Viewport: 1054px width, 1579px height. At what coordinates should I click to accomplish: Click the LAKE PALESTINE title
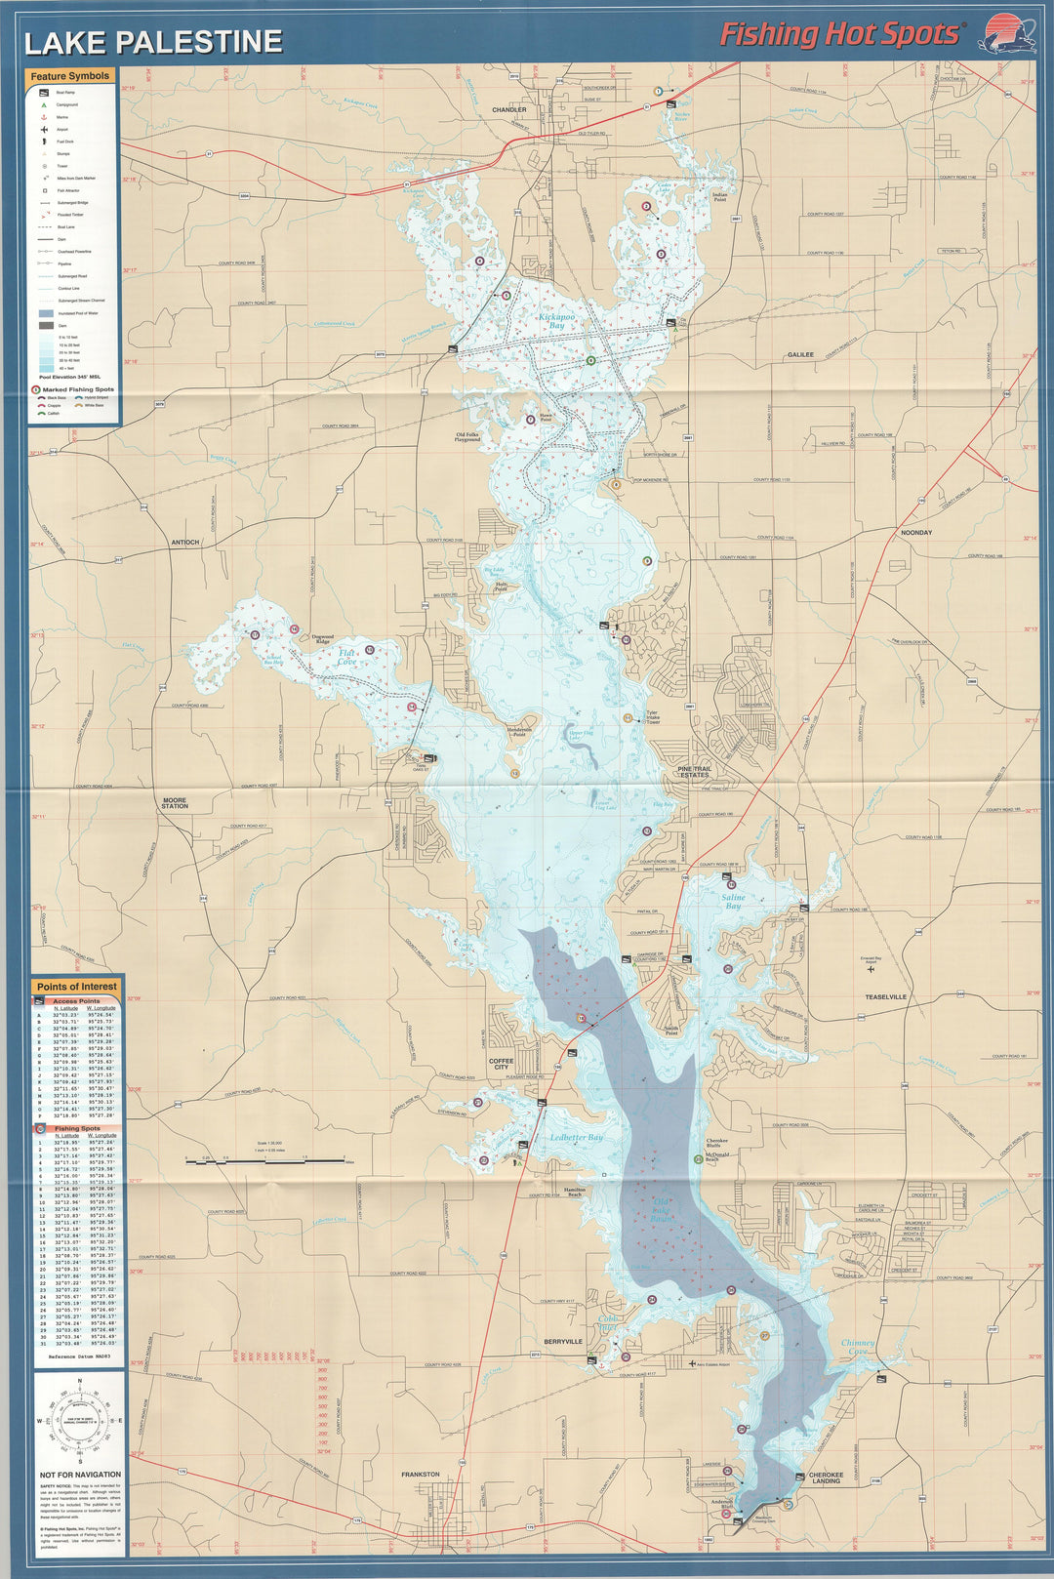click(x=152, y=42)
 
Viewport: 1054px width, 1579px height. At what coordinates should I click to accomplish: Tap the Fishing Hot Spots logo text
click(x=839, y=35)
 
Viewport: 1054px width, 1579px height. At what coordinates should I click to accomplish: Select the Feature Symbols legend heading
click(x=69, y=76)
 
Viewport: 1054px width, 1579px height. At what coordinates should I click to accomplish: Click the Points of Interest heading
click(x=77, y=987)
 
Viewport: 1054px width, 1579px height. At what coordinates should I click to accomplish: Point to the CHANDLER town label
click(x=508, y=110)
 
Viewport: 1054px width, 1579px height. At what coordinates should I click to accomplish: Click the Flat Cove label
click(x=346, y=657)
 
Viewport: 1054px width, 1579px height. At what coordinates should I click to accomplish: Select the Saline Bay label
click(x=733, y=901)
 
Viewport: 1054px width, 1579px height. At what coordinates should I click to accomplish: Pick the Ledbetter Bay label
click(x=576, y=1138)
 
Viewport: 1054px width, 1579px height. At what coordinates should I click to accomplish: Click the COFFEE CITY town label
click(x=501, y=1063)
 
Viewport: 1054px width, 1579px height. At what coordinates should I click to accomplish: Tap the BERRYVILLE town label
click(x=563, y=1342)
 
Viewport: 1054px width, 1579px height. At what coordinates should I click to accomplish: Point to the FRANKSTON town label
click(x=421, y=1475)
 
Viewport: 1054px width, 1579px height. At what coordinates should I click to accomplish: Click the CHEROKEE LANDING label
click(x=826, y=1478)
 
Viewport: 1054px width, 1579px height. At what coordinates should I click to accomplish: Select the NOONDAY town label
click(x=916, y=533)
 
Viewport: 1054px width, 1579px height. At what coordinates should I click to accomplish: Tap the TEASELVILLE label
click(x=885, y=997)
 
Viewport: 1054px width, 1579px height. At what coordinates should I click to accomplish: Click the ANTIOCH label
click(x=184, y=542)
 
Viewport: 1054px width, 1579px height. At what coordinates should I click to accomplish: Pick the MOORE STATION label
click(x=175, y=802)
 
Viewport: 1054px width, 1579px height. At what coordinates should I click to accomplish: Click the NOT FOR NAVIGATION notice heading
click(x=81, y=1475)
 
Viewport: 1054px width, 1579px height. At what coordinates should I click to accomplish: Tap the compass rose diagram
click(x=80, y=1420)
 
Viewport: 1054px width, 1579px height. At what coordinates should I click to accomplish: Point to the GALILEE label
click(x=800, y=355)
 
